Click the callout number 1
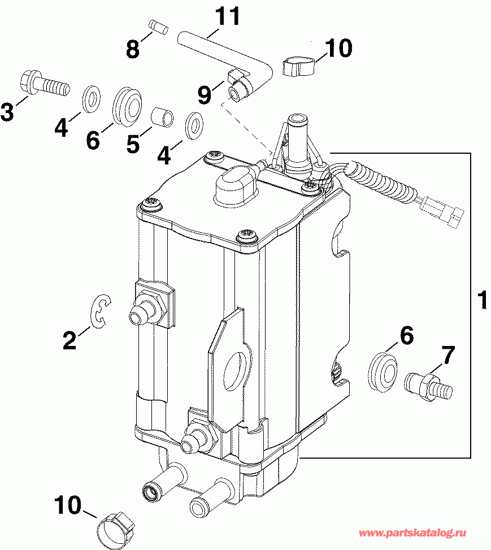coord(482,300)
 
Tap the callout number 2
coord(69,340)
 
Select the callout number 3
coord(7,111)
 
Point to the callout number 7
coord(447,356)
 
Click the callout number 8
coord(132,49)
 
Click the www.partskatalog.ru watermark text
coord(423,532)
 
